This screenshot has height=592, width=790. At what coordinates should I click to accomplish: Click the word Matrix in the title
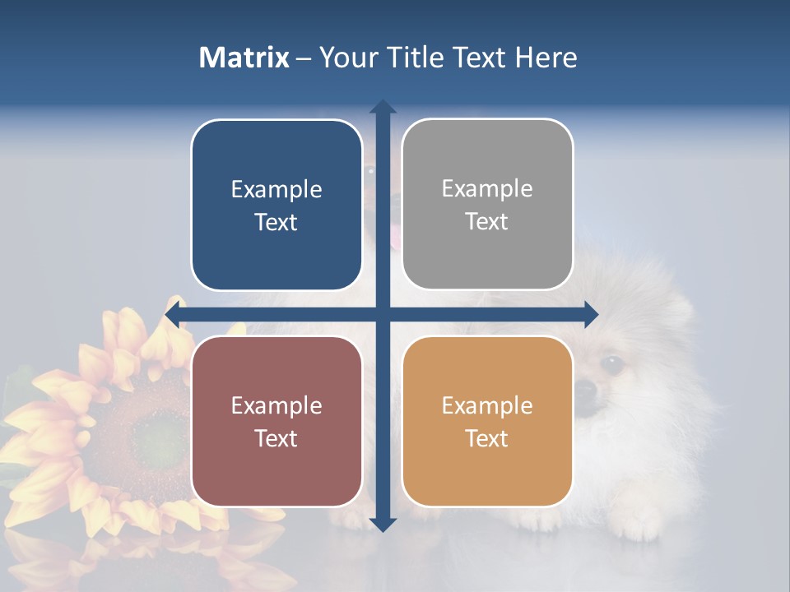244,58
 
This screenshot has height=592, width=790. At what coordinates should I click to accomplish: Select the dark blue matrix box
276,206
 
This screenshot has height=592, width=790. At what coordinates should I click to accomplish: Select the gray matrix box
487,205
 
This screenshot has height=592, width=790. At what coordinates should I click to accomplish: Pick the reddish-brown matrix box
276,421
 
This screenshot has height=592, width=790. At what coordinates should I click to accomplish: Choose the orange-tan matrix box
487,421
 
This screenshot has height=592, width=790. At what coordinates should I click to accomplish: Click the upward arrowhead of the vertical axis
383,108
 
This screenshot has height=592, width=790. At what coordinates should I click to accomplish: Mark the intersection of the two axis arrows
383,314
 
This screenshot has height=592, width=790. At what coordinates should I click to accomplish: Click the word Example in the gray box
487,188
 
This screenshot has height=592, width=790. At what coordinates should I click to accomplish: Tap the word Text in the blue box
276,223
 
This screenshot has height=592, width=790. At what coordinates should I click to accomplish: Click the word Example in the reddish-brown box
276,405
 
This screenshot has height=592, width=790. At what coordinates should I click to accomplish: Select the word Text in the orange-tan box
486,438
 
